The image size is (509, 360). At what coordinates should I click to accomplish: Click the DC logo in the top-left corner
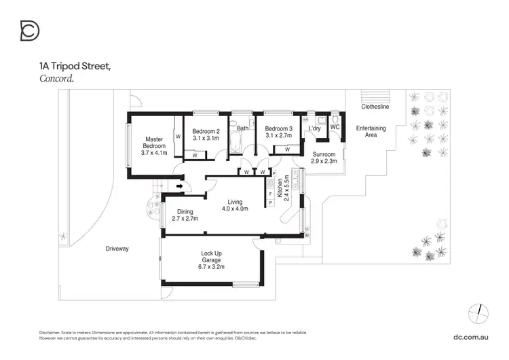click(30, 31)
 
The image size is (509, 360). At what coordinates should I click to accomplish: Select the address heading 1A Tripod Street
click(75, 67)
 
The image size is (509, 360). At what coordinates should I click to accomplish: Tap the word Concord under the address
click(56, 78)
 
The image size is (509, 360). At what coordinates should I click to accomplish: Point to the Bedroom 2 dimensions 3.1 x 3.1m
click(206, 138)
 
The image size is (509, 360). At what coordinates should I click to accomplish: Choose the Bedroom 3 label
click(278, 129)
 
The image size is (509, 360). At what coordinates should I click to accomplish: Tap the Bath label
click(242, 128)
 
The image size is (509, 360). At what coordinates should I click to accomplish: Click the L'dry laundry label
click(314, 128)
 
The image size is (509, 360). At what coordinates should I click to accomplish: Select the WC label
click(334, 127)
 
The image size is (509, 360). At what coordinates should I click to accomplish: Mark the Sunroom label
click(324, 154)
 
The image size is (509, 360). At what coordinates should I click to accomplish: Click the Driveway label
click(117, 249)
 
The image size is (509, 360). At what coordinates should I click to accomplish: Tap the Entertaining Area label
click(371, 131)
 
